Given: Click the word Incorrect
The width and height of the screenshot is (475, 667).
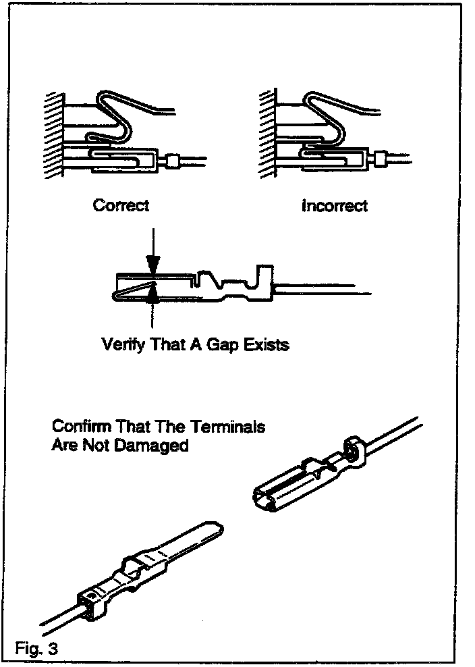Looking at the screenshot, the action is [334, 205].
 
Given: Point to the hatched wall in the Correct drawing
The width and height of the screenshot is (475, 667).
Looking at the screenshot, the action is [52, 135].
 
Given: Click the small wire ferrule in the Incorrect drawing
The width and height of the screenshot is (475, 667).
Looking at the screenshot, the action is [383, 160].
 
